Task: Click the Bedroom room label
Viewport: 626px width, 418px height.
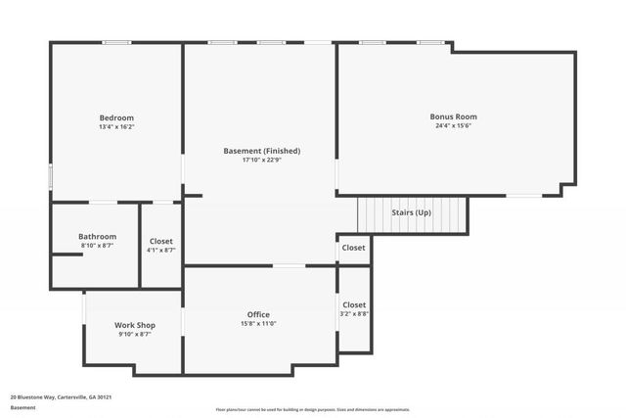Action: click(x=115, y=116)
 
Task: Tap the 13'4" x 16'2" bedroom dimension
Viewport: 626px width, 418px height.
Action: click(x=115, y=126)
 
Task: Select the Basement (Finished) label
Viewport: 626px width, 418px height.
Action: click(x=261, y=151)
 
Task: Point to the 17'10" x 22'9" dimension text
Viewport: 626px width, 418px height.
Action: click(x=261, y=161)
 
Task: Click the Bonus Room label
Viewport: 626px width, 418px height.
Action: click(x=454, y=116)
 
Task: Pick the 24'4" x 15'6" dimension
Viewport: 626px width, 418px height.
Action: click(x=454, y=126)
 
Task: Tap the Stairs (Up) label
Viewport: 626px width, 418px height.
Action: click(x=411, y=212)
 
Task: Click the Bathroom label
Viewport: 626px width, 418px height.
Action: click(x=97, y=236)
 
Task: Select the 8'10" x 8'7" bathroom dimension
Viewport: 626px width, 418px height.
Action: click(x=97, y=246)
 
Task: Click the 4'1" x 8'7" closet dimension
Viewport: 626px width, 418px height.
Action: click(x=161, y=251)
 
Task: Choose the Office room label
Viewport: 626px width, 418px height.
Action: click(x=258, y=314)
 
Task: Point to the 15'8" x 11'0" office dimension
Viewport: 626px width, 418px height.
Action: click(x=258, y=324)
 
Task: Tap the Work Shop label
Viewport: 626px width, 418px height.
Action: click(x=134, y=325)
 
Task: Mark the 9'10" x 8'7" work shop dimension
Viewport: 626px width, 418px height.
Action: click(x=134, y=335)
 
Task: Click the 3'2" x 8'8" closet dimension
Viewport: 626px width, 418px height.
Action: click(x=354, y=314)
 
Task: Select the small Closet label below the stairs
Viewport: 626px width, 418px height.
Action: click(x=354, y=248)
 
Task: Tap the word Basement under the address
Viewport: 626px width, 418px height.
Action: click(x=22, y=407)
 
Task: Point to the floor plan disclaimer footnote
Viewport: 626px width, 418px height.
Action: click(x=313, y=410)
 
